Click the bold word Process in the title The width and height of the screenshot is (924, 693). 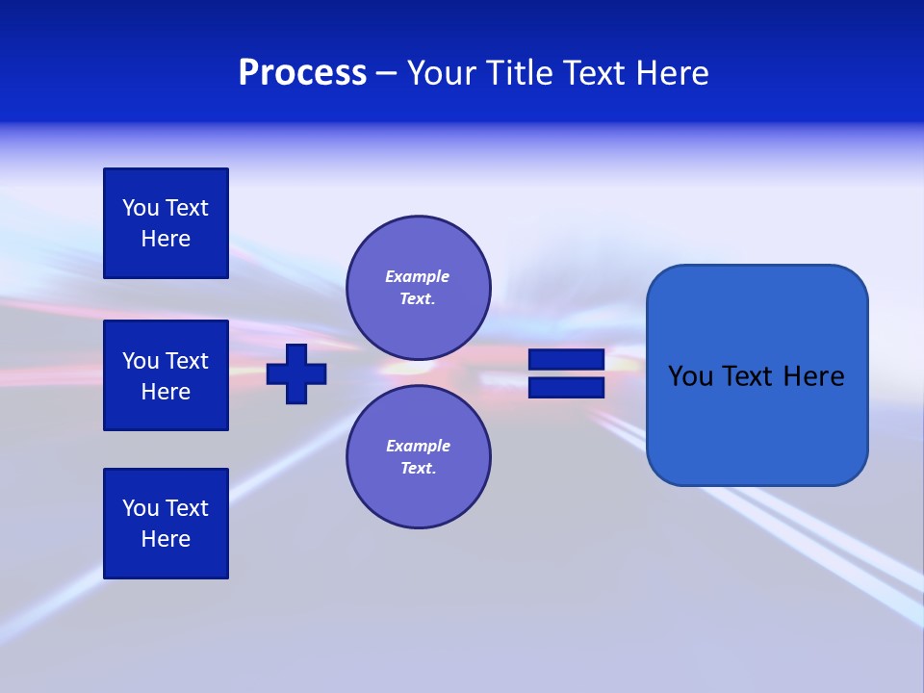click(x=302, y=73)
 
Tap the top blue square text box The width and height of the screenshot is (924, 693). click(x=166, y=223)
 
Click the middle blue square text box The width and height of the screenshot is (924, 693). click(x=166, y=375)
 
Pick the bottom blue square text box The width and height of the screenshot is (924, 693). click(x=166, y=524)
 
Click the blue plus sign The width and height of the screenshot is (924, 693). click(x=296, y=373)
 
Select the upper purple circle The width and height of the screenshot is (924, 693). click(x=419, y=288)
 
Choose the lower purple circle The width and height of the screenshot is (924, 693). click(x=419, y=457)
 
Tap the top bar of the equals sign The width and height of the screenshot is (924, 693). click(x=566, y=359)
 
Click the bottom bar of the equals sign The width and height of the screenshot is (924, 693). click(x=566, y=388)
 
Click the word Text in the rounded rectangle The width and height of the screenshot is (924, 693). click(x=749, y=376)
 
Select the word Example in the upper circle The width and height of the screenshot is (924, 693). click(x=417, y=276)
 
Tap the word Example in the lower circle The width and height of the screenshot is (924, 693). click(x=418, y=446)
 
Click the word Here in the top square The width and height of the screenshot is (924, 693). click(x=166, y=239)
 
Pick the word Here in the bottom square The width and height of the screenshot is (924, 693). click(x=166, y=539)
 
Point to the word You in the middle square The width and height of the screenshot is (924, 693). click(x=140, y=361)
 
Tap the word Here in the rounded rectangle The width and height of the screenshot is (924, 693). click(x=814, y=376)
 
